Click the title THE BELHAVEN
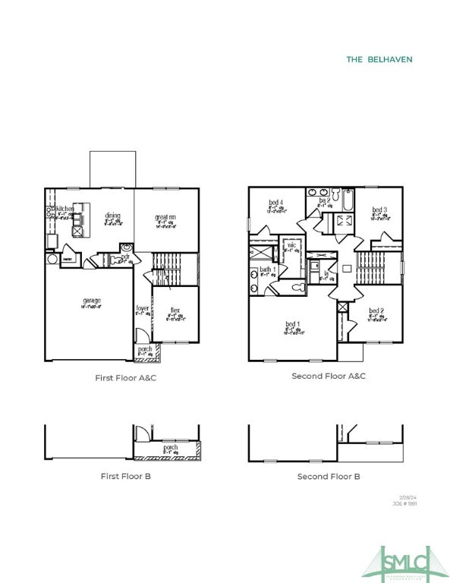(x=379, y=59)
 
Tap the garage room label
(x=92, y=301)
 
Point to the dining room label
(x=114, y=216)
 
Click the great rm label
(x=166, y=217)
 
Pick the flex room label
(x=175, y=310)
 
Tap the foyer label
(x=142, y=308)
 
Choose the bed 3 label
(x=380, y=210)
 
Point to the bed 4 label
(x=275, y=202)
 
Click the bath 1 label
(x=268, y=269)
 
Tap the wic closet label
(x=291, y=245)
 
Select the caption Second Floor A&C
(x=329, y=376)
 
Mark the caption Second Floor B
(x=329, y=476)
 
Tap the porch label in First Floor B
(x=170, y=449)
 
